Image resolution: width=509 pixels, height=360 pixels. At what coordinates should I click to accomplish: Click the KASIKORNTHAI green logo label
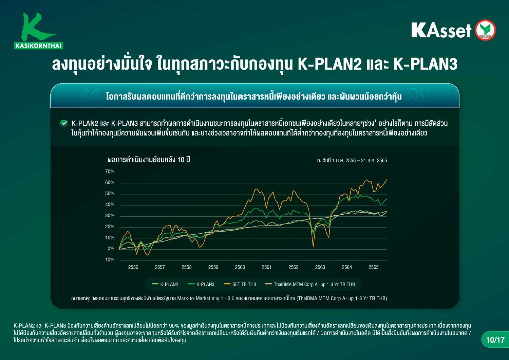(x=39, y=46)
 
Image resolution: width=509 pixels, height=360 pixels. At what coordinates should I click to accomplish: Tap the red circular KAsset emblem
(x=485, y=30)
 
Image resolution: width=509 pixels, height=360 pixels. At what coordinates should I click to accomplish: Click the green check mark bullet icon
(x=64, y=123)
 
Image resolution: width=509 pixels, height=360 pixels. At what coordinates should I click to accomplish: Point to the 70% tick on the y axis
(x=110, y=172)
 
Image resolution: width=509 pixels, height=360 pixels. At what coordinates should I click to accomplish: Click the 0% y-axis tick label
(x=111, y=249)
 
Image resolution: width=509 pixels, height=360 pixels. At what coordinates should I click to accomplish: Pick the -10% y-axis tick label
(x=109, y=259)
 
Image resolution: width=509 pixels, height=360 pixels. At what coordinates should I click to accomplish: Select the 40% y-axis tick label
(x=110, y=204)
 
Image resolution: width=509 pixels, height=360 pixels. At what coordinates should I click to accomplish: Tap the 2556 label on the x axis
(x=133, y=267)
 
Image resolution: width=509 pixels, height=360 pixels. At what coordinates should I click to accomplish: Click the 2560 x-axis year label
(x=240, y=267)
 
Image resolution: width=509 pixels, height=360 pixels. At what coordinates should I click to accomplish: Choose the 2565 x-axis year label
(x=374, y=267)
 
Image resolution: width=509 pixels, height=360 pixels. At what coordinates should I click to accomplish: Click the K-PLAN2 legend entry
(x=165, y=284)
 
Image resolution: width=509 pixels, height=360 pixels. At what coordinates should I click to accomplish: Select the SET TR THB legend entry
(x=240, y=284)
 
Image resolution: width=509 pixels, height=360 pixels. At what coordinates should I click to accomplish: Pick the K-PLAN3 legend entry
(x=201, y=284)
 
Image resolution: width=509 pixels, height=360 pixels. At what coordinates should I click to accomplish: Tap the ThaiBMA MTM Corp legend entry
(x=310, y=284)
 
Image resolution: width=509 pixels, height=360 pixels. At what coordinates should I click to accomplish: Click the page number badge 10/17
(x=495, y=340)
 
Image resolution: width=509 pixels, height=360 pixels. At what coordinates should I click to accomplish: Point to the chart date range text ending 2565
(x=352, y=160)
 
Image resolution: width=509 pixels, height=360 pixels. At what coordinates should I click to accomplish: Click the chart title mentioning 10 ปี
(x=149, y=159)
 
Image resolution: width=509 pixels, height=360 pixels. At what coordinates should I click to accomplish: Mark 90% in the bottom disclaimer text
(x=174, y=326)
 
